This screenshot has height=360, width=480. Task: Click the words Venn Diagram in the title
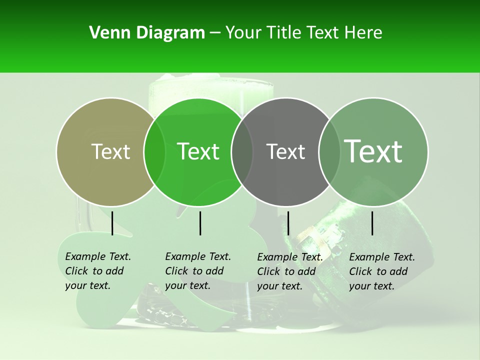147,33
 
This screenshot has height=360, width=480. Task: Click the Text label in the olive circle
110,151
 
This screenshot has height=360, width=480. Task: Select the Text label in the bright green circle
198,151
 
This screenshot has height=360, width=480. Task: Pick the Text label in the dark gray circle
285,151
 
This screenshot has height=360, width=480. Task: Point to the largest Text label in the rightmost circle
373,151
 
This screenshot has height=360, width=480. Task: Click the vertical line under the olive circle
112,223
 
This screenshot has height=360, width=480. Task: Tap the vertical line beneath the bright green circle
200,223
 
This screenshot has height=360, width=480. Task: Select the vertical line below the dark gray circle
288,223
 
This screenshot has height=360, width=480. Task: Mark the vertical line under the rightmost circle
372,223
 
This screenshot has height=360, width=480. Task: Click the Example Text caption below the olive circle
98,271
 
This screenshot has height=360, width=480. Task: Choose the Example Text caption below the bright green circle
198,271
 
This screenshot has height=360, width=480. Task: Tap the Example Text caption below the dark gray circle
290,271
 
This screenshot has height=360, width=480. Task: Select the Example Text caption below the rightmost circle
382,271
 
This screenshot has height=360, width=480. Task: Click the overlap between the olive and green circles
154,151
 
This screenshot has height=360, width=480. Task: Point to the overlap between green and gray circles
242,151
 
